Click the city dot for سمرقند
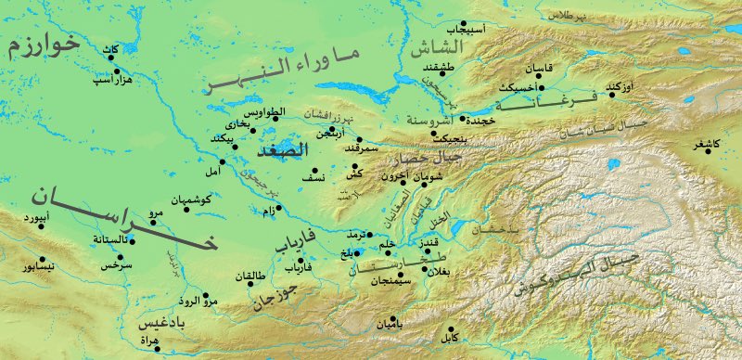360,140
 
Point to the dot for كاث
112,58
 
